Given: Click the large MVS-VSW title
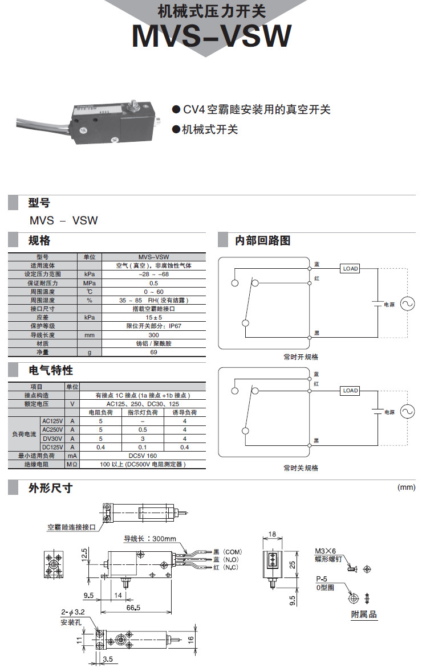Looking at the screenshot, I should pyautogui.click(x=212, y=36).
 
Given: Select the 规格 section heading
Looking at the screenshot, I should pyautogui.click(x=39, y=240).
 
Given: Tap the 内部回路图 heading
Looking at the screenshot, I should pyautogui.click(x=263, y=240).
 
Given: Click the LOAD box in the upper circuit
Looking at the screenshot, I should pyautogui.click(x=350, y=268).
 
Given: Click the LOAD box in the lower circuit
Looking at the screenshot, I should pyautogui.click(x=350, y=391).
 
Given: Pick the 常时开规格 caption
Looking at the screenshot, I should pyautogui.click(x=301, y=357).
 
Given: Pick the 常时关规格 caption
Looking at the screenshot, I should pyautogui.click(x=301, y=468).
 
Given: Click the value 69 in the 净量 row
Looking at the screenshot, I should pyautogui.click(x=153, y=353).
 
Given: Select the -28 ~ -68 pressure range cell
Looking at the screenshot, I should pyautogui.click(x=153, y=274).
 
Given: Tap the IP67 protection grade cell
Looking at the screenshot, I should pyautogui.click(x=153, y=326).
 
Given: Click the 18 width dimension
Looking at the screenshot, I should pyautogui.click(x=272, y=534).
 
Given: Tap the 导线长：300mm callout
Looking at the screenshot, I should pyautogui.click(x=150, y=539).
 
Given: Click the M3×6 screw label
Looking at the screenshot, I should pyautogui.click(x=326, y=551).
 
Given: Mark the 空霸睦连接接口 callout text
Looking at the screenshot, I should pyautogui.click(x=72, y=527).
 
